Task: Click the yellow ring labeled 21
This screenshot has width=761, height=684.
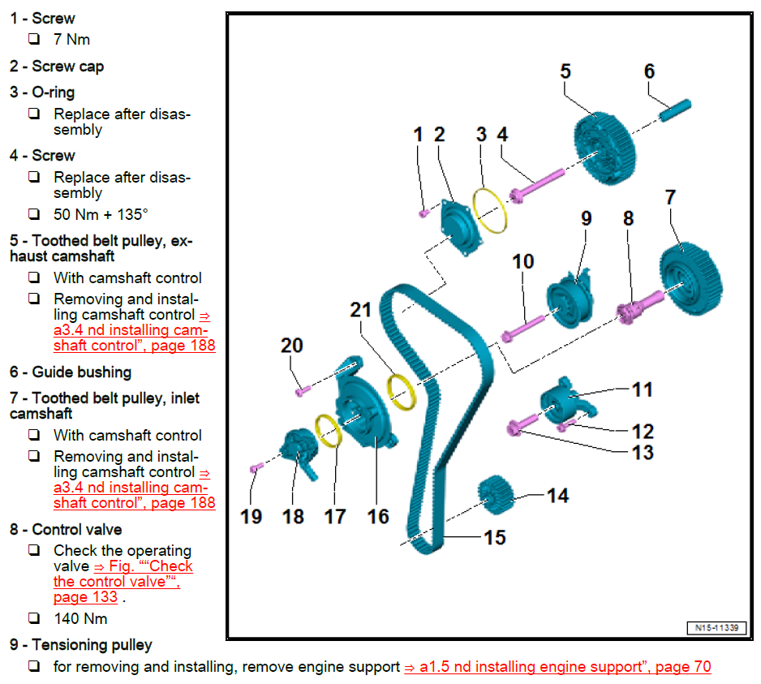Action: coord(402,390)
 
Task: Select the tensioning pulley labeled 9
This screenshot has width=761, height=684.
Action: coord(570,301)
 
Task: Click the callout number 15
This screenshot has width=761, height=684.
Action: coord(495,537)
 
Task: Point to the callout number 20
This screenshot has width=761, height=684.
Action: coord(292,346)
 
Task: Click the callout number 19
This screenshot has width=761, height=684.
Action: coord(252,516)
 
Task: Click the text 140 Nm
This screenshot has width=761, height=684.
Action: coord(80,618)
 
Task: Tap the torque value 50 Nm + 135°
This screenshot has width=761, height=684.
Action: coord(101,214)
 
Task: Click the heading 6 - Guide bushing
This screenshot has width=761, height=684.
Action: coord(71,372)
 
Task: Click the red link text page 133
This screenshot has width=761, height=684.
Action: coord(85,597)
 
